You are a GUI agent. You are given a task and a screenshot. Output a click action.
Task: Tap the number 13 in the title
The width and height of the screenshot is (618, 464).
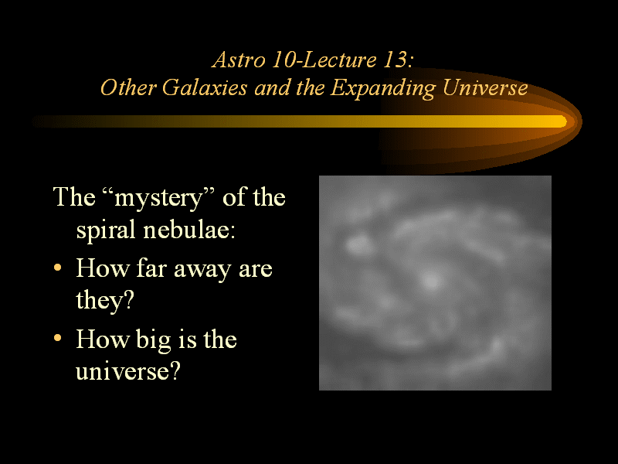(396, 60)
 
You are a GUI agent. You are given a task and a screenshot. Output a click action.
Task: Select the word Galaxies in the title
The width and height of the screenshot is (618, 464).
(205, 87)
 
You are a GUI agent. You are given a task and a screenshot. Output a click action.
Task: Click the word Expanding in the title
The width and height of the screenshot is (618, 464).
(382, 88)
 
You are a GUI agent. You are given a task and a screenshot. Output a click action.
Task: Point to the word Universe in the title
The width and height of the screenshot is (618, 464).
(485, 87)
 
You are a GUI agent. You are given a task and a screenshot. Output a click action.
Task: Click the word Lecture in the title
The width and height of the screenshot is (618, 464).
(339, 60)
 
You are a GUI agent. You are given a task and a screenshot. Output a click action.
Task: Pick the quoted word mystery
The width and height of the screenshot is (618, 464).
(158, 198)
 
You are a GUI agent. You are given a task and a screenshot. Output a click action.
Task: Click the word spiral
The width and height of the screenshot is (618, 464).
(106, 230)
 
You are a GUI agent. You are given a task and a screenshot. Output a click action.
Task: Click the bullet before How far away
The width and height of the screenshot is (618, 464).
(57, 268)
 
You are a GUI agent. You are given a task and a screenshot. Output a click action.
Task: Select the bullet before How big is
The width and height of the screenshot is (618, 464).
(57, 338)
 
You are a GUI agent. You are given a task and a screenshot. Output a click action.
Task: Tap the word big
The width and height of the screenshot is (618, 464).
(153, 340)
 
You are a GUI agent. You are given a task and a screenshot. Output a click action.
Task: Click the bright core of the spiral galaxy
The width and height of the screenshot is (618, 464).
(430, 281)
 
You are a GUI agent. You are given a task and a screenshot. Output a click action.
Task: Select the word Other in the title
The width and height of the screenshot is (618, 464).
(128, 87)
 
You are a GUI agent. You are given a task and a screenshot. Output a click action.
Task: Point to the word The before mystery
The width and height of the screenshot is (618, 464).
(74, 197)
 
